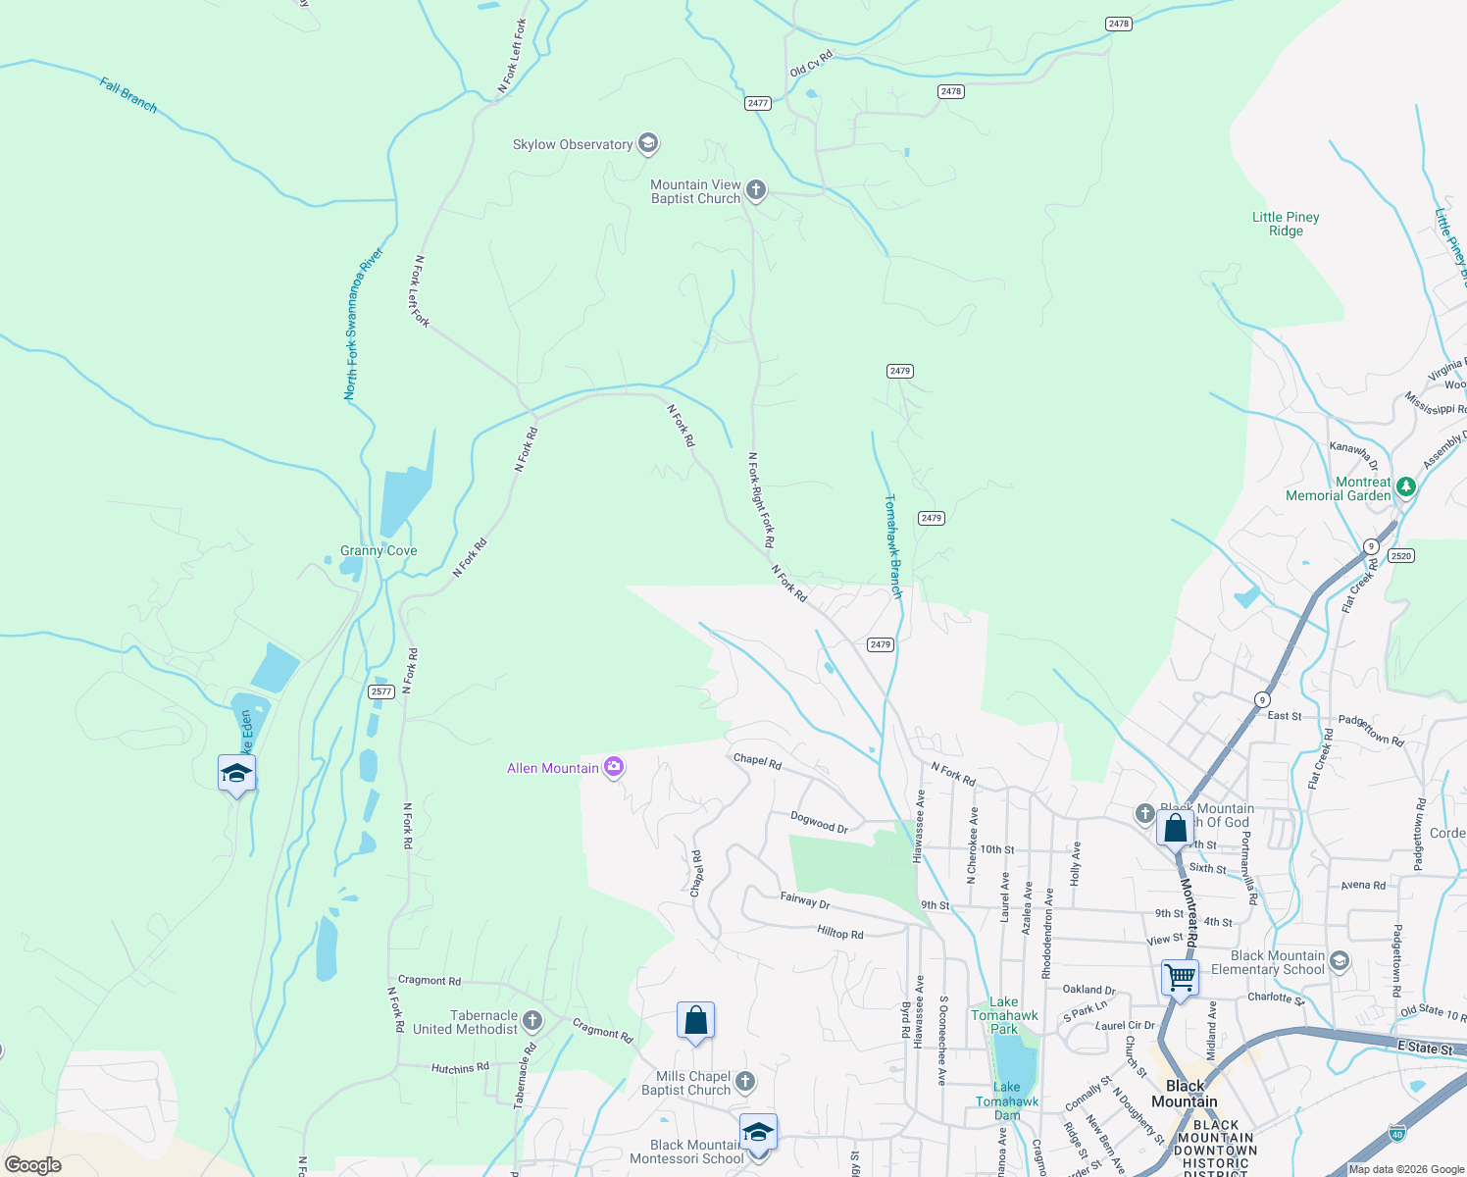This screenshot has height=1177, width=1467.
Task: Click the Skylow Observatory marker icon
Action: click(x=647, y=144)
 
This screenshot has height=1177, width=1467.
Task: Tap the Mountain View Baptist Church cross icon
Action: click(x=755, y=189)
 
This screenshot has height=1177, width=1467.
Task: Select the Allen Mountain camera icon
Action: click(x=614, y=767)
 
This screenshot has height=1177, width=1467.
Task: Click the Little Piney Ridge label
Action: click(x=1286, y=224)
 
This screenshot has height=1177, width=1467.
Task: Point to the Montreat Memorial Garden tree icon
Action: click(x=1406, y=486)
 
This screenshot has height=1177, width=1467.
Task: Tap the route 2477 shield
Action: click(x=757, y=103)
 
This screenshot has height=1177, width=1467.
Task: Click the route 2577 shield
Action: click(x=381, y=691)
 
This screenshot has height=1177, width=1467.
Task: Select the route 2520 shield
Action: click(x=1401, y=556)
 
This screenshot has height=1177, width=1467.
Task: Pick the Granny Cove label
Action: click(x=379, y=550)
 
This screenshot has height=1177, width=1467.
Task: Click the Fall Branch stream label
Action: click(x=128, y=95)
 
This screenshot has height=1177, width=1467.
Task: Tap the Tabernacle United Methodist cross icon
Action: click(x=531, y=1021)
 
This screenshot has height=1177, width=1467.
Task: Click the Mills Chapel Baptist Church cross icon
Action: click(x=745, y=1082)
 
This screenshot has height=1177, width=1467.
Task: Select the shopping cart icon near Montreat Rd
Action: click(x=1180, y=977)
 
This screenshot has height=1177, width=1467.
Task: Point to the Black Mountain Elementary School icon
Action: click(x=1340, y=961)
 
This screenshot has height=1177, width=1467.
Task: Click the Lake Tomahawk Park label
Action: click(x=1004, y=1015)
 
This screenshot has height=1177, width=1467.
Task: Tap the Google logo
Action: click(x=32, y=1165)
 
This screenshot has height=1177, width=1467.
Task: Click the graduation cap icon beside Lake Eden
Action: click(x=236, y=774)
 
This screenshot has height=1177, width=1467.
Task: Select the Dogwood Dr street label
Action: click(x=820, y=822)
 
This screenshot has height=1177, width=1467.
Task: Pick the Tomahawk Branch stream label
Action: click(x=892, y=546)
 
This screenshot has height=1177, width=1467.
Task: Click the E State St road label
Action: click(x=1425, y=1049)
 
